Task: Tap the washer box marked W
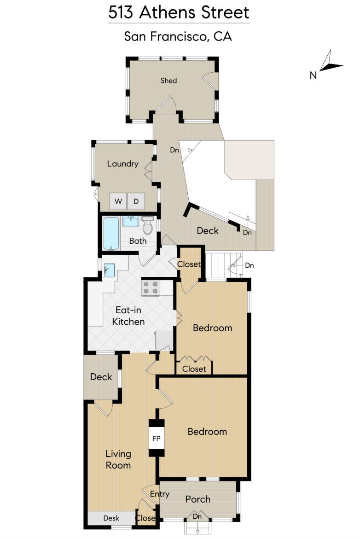pyautogui.click(x=118, y=201)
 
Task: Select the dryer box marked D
pyautogui.click(x=136, y=201)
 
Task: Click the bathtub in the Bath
pyautogui.click(x=111, y=233)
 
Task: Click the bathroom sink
pyautogui.click(x=131, y=222)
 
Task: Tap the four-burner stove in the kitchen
pyautogui.click(x=151, y=288)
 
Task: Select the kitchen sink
pyautogui.click(x=110, y=269)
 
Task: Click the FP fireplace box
pyautogui.click(x=156, y=439)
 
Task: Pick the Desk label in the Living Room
pyautogui.click(x=111, y=518)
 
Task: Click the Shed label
pyautogui.click(x=168, y=81)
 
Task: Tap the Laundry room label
pyautogui.click(x=122, y=164)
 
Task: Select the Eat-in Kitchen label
pyautogui.click(x=128, y=316)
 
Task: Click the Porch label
pyautogui.click(x=197, y=499)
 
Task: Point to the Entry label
pyautogui.click(x=160, y=494)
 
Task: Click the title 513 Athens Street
pyautogui.click(x=179, y=12)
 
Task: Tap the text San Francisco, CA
pyautogui.click(x=178, y=36)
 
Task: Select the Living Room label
pyautogui.click(x=118, y=459)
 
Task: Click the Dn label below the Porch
pyautogui.click(x=198, y=517)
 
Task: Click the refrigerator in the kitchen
pyautogui.click(x=163, y=340)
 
